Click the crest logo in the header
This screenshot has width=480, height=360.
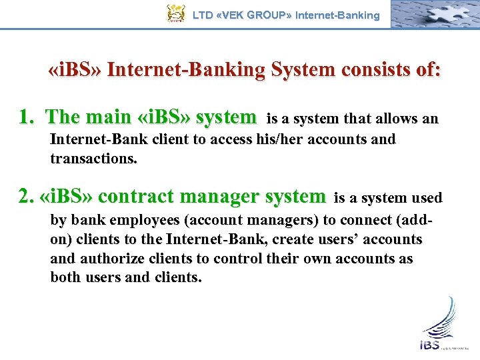point(175,14)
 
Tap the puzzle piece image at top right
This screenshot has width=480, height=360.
point(433,14)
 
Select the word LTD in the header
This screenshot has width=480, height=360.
point(202,15)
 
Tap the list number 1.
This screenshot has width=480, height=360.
point(26,118)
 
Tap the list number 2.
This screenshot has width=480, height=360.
point(26,197)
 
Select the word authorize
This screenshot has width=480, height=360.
point(107,259)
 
